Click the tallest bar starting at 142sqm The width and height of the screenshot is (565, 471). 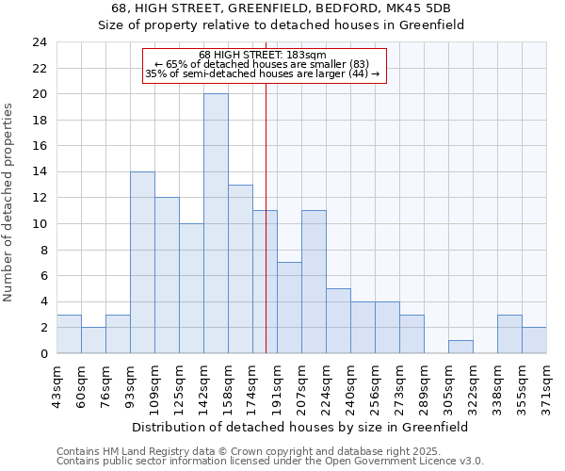(216, 223)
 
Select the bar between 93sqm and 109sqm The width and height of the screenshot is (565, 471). (142, 262)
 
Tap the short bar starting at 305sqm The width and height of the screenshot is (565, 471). (460, 347)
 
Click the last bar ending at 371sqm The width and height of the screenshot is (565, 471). (534, 340)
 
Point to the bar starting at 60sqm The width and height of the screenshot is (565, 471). (93, 340)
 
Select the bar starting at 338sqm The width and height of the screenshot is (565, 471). (509, 333)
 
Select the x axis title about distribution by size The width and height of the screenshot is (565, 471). (300, 427)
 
